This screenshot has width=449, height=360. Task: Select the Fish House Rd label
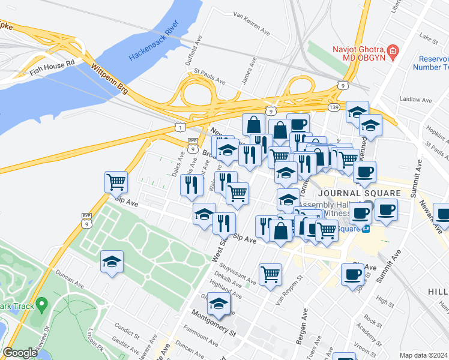click(x=52, y=66)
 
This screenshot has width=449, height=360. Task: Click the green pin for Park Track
click(x=41, y=305)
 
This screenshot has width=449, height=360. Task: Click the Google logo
click(x=20, y=353)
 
